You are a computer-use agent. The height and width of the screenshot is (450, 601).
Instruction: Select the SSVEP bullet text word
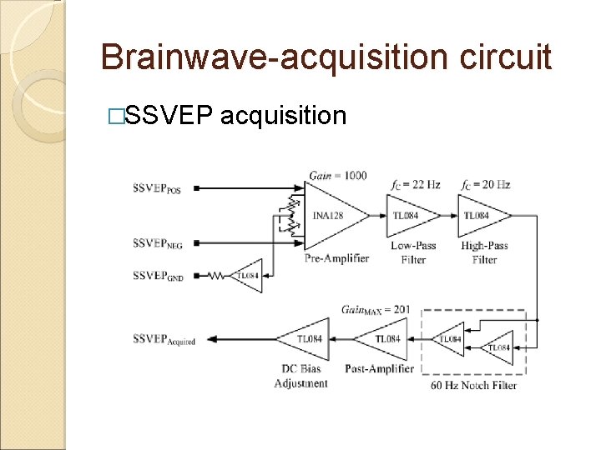click(169, 115)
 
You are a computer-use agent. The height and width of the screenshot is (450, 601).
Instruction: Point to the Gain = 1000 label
click(337, 176)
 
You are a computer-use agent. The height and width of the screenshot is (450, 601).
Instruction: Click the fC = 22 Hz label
click(414, 184)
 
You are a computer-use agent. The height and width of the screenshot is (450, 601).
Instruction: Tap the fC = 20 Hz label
click(485, 184)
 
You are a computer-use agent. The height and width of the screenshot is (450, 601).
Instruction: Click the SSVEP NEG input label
click(157, 244)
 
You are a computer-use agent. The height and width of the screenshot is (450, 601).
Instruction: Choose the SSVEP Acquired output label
click(164, 339)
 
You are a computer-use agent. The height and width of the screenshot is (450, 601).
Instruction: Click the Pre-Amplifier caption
click(337, 258)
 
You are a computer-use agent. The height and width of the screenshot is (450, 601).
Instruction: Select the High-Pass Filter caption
click(484, 252)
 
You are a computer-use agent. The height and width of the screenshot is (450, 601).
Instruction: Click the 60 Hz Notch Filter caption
click(474, 385)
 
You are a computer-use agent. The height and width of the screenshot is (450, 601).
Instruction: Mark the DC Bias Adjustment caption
click(301, 376)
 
